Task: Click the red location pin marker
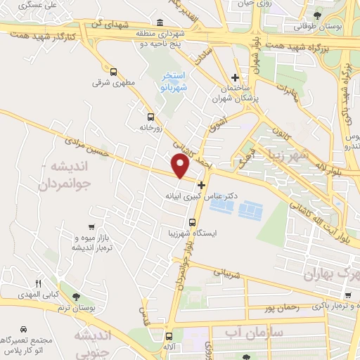coord(181,166)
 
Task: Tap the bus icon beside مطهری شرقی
coord(114,71)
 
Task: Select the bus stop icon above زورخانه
coord(149,117)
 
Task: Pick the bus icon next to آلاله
coord(168,336)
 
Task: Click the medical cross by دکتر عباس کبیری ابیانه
coord(202,184)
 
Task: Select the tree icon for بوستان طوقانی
coord(317,14)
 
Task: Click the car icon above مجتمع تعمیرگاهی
coord(24,329)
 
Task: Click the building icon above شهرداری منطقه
coord(161,22)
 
